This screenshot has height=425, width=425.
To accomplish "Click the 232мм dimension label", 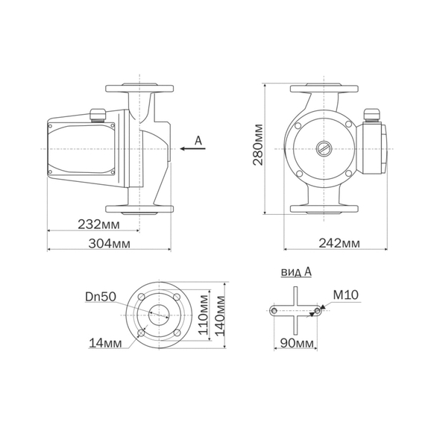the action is (98, 224).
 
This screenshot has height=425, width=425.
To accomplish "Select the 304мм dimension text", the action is (109, 244).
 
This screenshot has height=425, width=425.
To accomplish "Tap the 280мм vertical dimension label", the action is (258, 145).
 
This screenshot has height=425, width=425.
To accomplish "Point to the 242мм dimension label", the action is (339, 243).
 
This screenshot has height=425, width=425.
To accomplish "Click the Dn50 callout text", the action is (101, 297).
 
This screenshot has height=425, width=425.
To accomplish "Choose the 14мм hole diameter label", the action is (105, 343).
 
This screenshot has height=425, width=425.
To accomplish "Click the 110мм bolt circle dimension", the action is (204, 315).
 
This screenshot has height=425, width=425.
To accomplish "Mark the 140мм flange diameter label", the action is (220, 316).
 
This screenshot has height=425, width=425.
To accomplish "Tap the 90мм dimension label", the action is (297, 343).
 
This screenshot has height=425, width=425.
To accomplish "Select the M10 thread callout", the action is (345, 295).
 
